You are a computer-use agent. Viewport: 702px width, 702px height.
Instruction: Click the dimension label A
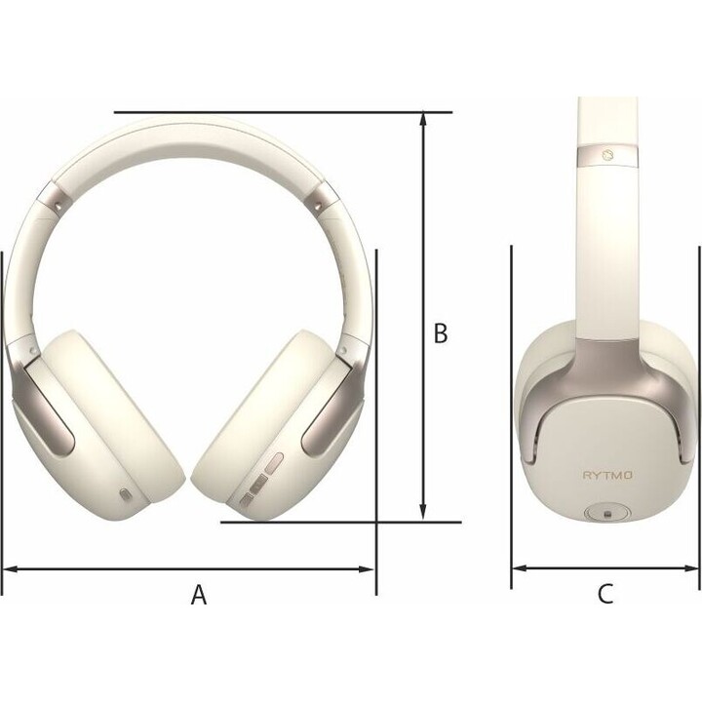(x=199, y=595)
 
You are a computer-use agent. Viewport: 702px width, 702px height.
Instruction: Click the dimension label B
(x=441, y=333)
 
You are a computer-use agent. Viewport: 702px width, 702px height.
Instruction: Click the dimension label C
(x=605, y=594)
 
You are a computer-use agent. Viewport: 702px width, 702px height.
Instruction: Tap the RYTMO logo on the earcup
(x=607, y=475)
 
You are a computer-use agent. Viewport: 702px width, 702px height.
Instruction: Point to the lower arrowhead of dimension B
(x=423, y=513)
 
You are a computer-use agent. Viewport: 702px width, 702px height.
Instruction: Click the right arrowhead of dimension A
(x=366, y=569)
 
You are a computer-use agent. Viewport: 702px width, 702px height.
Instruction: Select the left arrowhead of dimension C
(x=521, y=568)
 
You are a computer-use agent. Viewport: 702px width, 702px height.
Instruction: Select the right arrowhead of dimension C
(x=690, y=568)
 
